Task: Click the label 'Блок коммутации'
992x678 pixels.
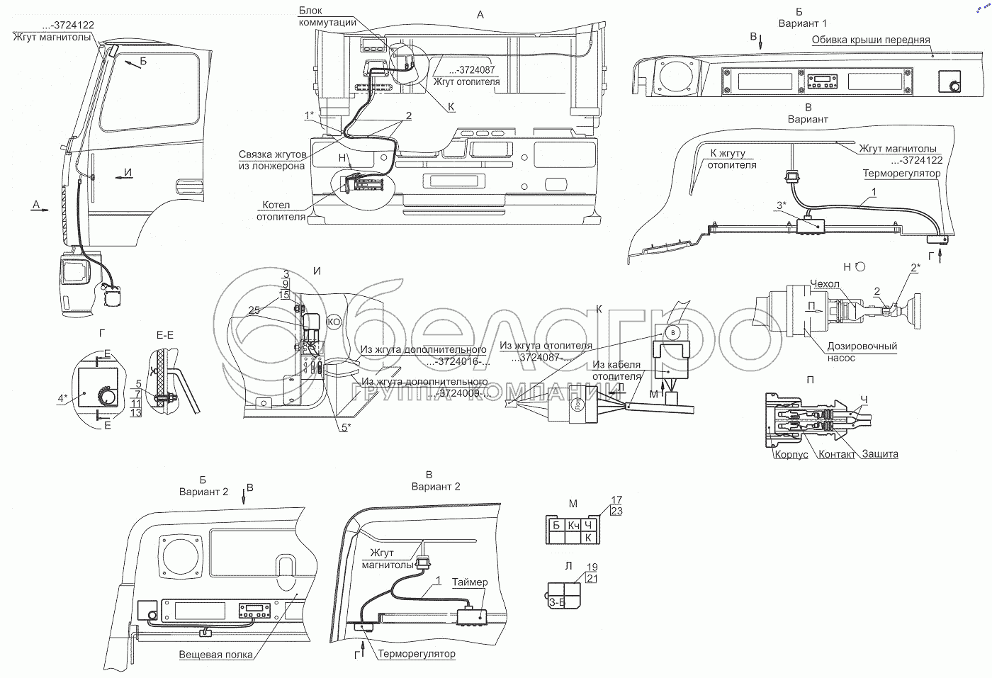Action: pos(327,16)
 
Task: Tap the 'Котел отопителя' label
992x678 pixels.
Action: pos(281,211)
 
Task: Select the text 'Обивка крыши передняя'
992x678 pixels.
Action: pos(871,40)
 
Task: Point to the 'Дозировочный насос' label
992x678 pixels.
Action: pos(862,352)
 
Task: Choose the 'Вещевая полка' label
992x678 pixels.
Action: pos(215,655)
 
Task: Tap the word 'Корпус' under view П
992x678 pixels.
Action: pos(791,454)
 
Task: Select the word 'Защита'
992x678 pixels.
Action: pos(881,454)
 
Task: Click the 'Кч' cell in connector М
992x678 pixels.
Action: pos(574,525)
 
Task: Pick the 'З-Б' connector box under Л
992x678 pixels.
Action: pos(557,603)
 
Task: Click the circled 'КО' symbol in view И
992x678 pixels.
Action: pos(334,322)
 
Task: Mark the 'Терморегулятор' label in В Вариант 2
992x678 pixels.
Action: pos(417,653)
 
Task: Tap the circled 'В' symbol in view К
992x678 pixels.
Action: pos(674,332)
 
